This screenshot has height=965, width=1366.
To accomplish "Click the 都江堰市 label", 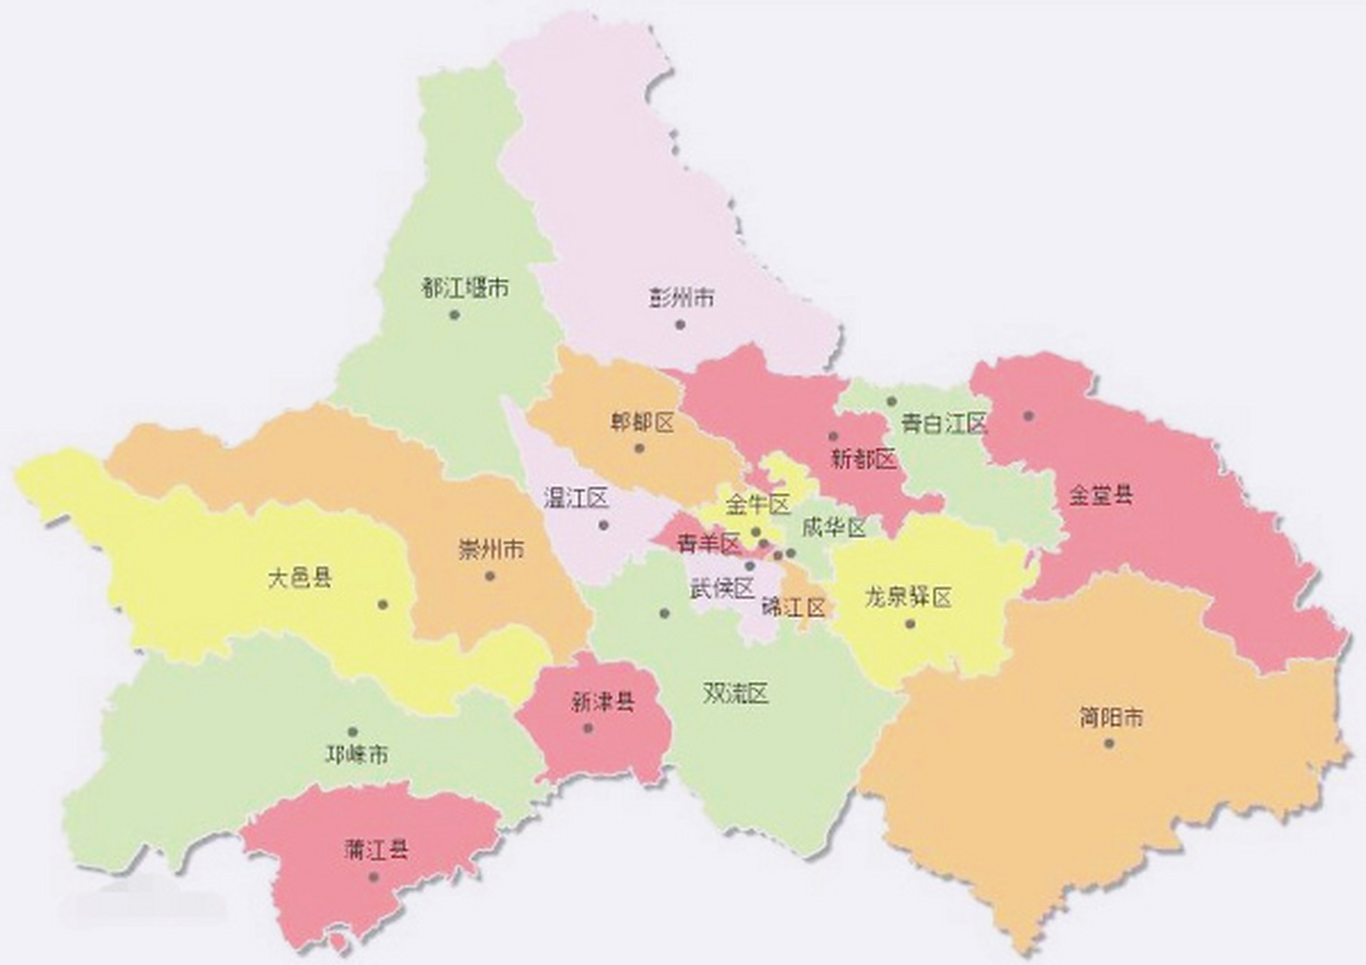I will click(465, 288).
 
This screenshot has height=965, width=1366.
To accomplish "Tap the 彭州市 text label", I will click(682, 299).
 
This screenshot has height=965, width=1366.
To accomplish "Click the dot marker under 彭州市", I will click(680, 325).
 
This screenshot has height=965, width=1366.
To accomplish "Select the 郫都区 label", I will click(643, 423).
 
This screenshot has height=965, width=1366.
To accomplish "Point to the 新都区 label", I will click(863, 458).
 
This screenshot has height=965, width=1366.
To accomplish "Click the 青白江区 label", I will click(944, 424).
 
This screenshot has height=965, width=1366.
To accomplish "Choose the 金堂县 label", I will click(1101, 495).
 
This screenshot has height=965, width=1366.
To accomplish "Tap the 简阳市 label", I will click(1111, 717).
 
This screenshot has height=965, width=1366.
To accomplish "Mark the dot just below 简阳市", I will click(1109, 743).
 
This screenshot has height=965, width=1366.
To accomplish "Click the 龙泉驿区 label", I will click(908, 599).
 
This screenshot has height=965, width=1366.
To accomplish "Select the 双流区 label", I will click(735, 694).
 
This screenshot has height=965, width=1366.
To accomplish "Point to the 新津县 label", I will click(603, 703).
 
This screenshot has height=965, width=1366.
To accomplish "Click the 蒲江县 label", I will click(376, 850).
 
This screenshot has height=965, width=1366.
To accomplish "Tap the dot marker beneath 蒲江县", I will click(373, 877).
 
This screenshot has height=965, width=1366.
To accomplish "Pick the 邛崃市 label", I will click(357, 754).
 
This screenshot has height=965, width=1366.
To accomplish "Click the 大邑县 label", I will click(300, 579).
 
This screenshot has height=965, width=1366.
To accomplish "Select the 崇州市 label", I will click(491, 550).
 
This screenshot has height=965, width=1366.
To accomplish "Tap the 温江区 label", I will click(576, 498).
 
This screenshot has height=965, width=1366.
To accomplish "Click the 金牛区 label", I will click(758, 504).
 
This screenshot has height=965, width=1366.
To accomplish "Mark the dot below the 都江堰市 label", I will click(454, 314).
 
